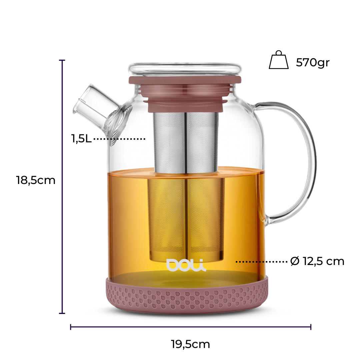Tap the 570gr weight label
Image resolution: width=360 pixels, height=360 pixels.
(313, 62)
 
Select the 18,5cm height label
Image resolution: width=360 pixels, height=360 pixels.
(36, 180)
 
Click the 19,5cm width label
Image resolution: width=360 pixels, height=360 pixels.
(190, 344)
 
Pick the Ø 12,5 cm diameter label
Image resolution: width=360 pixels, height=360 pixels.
(317, 261)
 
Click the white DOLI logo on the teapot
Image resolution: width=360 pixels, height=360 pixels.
(186, 265)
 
